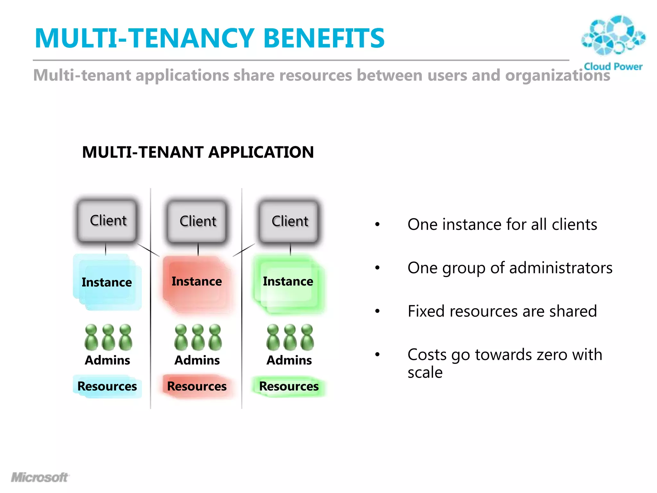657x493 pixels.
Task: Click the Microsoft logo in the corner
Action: tap(40, 477)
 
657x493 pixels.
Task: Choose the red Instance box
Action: tap(197, 282)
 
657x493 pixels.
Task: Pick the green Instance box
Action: tap(288, 282)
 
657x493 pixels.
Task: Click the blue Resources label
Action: tap(107, 386)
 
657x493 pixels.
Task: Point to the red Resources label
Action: tap(197, 386)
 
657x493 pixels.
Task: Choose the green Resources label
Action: tap(289, 386)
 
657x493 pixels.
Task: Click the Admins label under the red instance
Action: tap(197, 360)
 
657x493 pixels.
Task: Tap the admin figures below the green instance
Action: tap(290, 338)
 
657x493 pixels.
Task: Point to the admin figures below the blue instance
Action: tap(108, 338)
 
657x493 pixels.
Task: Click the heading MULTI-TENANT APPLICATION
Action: tap(198, 152)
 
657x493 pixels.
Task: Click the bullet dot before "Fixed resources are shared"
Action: tap(378, 311)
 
